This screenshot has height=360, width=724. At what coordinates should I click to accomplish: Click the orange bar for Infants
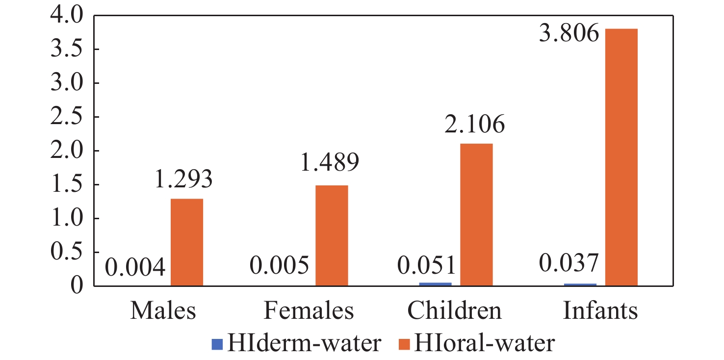pos(621,157)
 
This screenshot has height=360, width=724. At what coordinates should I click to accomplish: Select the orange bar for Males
pos(187,242)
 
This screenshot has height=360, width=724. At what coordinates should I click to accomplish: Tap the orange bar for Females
pos(332,235)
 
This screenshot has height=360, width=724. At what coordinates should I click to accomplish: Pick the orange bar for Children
pos(476,214)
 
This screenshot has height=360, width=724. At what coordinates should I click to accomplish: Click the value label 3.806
pos(569,34)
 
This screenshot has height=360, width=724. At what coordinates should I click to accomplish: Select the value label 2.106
pos(475,125)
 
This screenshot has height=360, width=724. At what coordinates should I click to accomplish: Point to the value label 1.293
pos(184,180)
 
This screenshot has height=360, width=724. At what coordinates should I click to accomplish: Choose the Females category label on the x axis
pos(309,311)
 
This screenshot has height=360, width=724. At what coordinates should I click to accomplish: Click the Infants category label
pos(601,311)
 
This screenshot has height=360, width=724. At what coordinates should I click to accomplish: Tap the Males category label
pos(163,311)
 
